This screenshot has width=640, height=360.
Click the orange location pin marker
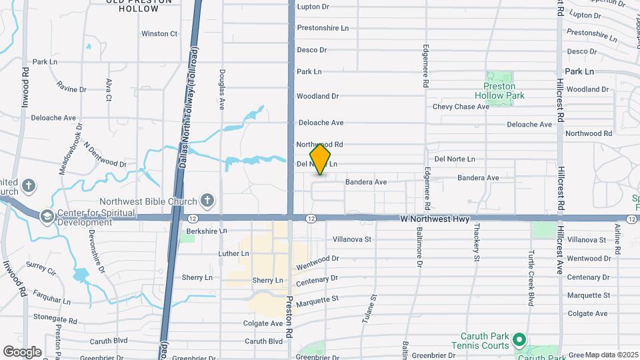[320, 159]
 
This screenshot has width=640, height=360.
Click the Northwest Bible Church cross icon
[207, 200]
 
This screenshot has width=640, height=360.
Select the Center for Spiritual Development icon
[47, 215]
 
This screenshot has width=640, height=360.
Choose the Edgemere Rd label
[425, 67]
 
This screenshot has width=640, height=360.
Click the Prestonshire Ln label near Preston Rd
[323, 28]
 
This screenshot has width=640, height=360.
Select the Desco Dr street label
[311, 50]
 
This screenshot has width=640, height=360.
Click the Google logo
[22, 351]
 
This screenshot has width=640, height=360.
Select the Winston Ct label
[159, 33]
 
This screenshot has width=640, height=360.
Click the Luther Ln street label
[233, 254]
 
